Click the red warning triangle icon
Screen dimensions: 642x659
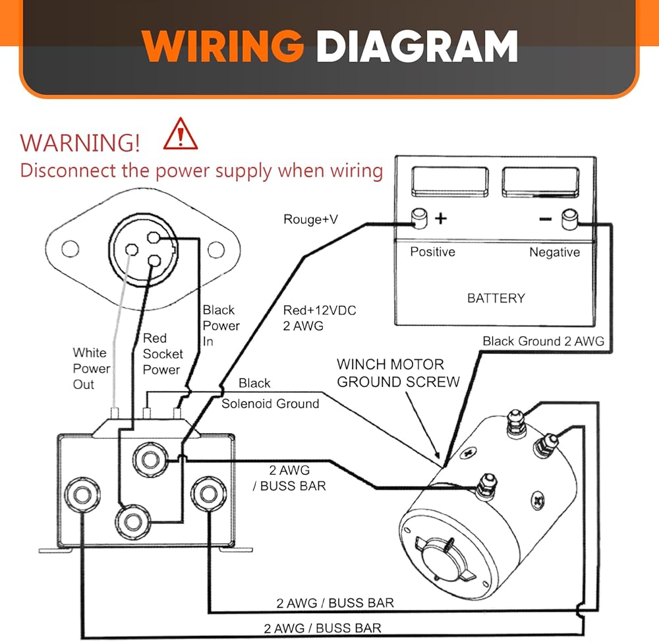[181, 134]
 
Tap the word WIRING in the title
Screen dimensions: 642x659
[222, 47]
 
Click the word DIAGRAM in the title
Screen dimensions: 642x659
[416, 47]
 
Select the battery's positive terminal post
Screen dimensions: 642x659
[418, 218]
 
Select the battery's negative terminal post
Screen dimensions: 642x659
[569, 218]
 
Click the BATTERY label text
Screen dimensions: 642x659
[496, 298]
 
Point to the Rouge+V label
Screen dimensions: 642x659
[310, 219]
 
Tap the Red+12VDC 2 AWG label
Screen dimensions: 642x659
[320, 318]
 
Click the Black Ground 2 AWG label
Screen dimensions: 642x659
[543, 341]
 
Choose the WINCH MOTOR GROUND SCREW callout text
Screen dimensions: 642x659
[398, 373]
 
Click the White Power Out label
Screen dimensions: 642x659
[91, 368]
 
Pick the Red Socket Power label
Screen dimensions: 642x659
[162, 354]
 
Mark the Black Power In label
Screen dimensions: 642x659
[221, 326]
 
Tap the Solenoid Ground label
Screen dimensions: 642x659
[270, 403]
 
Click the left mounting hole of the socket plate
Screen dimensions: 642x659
[69, 250]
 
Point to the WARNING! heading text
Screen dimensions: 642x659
[80, 142]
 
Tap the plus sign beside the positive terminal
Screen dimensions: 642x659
[441, 218]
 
